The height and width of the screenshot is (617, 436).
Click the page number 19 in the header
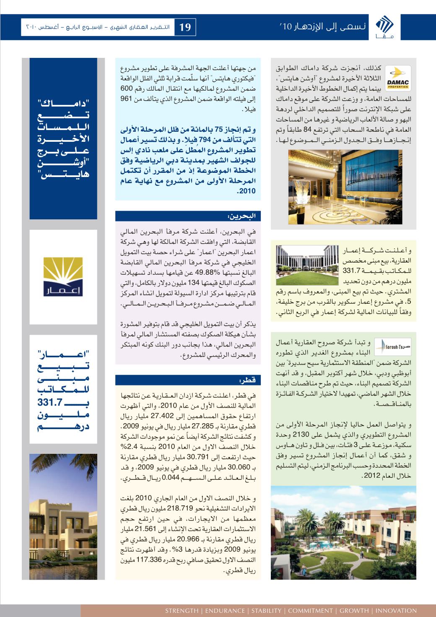tap(185, 28)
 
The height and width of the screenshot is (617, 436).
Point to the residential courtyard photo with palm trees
tap(343, 533)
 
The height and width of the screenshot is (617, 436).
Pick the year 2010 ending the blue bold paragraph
tap(247, 191)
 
